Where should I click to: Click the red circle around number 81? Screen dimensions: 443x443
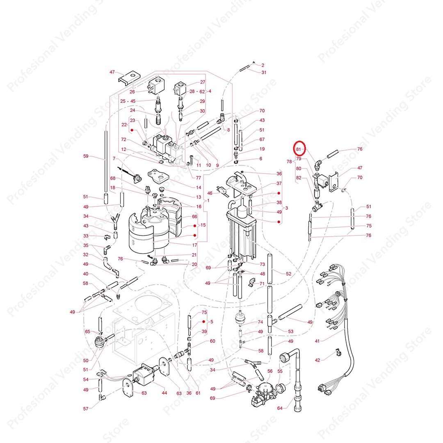(x=299, y=148)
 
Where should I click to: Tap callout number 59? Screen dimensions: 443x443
(x=86, y=156)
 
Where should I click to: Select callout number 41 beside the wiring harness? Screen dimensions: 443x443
(x=317, y=341)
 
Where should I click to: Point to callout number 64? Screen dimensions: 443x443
(x=280, y=408)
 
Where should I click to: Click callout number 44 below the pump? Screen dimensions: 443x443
(x=164, y=393)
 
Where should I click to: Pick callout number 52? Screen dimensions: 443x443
(x=288, y=274)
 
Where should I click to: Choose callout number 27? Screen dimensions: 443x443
(x=203, y=82)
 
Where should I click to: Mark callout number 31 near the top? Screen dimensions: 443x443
(x=264, y=72)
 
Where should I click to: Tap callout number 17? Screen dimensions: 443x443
(x=195, y=245)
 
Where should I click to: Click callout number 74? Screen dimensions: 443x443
(x=260, y=322)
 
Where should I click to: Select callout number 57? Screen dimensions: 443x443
(x=86, y=409)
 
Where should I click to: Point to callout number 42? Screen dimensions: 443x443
(x=317, y=360)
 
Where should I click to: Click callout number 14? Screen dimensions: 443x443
(x=199, y=187)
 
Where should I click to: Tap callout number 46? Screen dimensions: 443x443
(x=210, y=193)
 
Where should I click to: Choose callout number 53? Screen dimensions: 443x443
(x=291, y=331)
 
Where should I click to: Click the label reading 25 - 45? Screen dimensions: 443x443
(x=128, y=101)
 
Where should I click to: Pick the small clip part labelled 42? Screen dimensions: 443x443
(x=337, y=352)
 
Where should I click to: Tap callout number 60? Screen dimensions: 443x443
(x=212, y=341)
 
